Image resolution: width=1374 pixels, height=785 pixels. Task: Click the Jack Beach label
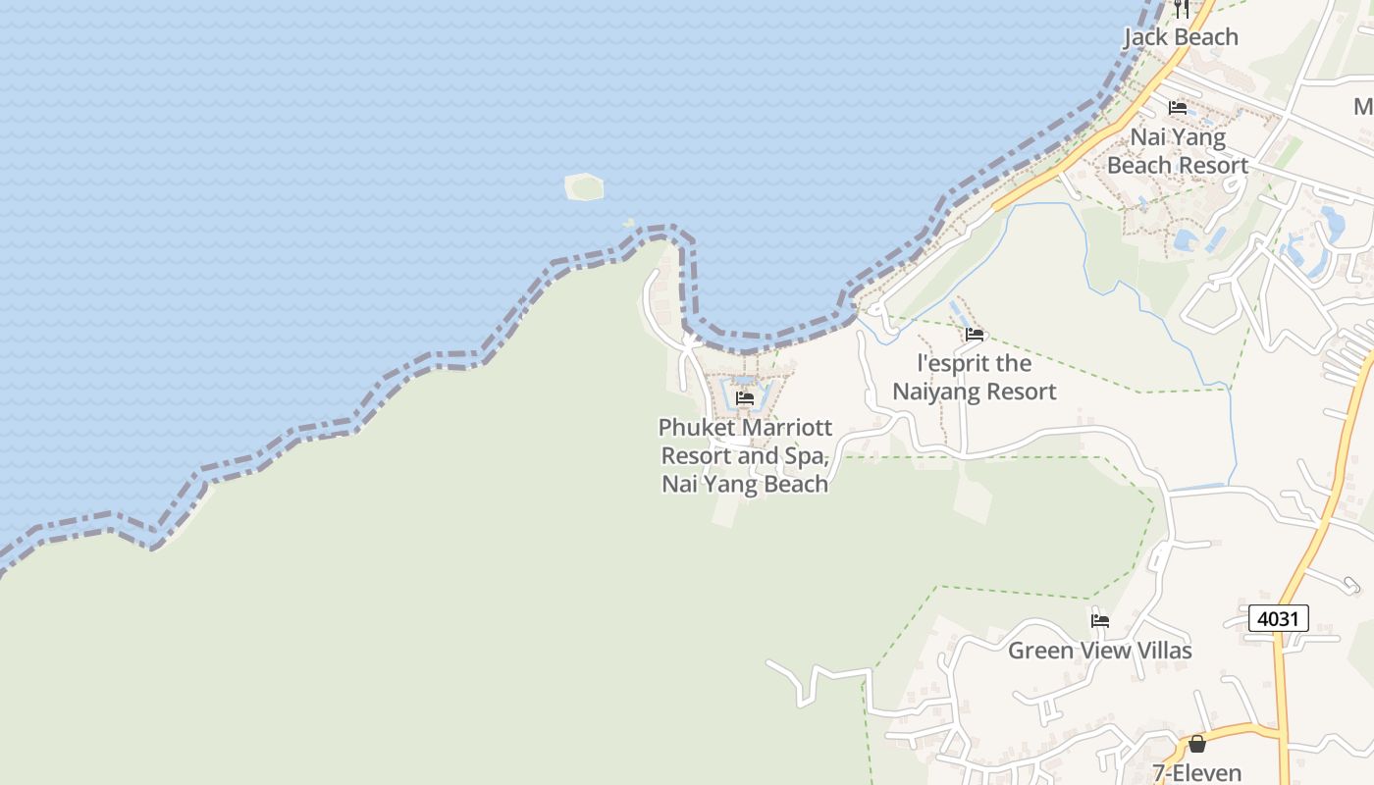(x=1181, y=37)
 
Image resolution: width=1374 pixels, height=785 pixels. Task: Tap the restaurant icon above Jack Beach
(x=1182, y=9)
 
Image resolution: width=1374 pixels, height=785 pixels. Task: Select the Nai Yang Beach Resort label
(x=1177, y=151)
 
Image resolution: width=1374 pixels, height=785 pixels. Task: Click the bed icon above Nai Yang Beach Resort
(x=1178, y=108)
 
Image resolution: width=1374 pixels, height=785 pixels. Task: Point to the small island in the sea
(x=584, y=186)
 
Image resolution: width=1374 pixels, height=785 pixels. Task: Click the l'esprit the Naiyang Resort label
(x=974, y=378)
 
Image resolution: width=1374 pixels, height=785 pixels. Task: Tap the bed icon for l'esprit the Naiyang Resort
(x=975, y=335)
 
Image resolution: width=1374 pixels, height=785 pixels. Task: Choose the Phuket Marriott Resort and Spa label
(x=745, y=455)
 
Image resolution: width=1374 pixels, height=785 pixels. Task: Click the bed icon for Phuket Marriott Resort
(x=745, y=398)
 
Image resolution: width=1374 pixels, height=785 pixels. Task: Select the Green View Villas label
(x=1099, y=651)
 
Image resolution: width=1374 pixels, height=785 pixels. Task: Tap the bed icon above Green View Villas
(x=1100, y=621)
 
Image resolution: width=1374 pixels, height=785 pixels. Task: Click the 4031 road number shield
(x=1278, y=618)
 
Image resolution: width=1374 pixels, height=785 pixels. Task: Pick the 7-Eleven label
(x=1197, y=773)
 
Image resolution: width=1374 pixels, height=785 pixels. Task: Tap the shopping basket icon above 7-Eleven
(x=1197, y=744)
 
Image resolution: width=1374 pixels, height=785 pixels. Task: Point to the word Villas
(x=1160, y=651)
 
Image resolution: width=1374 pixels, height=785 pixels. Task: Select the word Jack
(x=1145, y=37)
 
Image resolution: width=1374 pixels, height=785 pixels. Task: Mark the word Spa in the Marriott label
(x=808, y=456)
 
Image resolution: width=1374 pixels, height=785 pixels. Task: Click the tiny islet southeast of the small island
(x=628, y=223)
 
